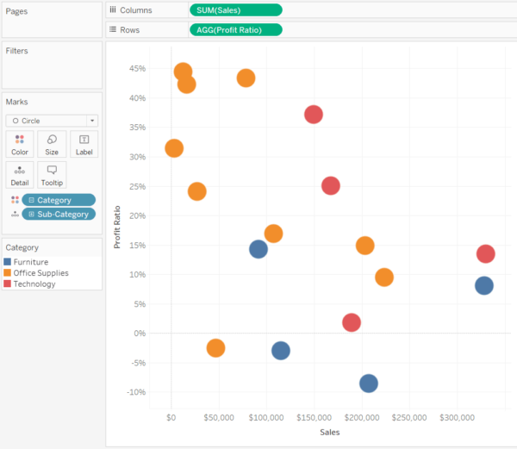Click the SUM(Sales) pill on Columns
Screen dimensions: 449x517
tap(235, 9)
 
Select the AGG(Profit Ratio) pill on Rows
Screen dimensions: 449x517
tap(235, 29)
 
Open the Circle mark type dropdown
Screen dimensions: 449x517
tap(52, 121)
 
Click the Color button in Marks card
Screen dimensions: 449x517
tap(20, 144)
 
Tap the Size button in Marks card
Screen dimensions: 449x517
tap(52, 144)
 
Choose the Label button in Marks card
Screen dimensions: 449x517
tap(84, 144)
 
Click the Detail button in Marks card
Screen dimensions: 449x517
tap(20, 175)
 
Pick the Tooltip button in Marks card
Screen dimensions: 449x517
tap(52, 175)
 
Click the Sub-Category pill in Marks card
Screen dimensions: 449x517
tap(59, 214)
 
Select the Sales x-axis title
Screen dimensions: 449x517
tap(329, 432)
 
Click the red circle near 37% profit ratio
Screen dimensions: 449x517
tap(314, 115)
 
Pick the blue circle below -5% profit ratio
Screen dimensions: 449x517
tap(369, 384)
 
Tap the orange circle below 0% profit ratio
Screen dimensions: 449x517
tap(215, 348)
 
